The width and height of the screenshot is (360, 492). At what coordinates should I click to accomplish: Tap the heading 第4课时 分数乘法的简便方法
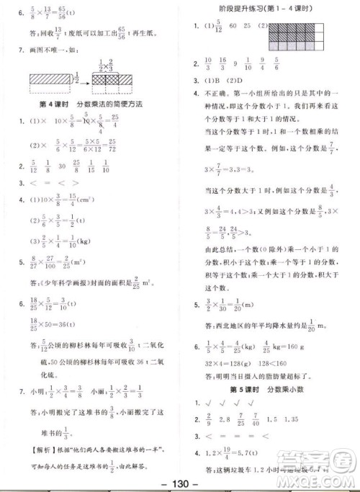point(90,104)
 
